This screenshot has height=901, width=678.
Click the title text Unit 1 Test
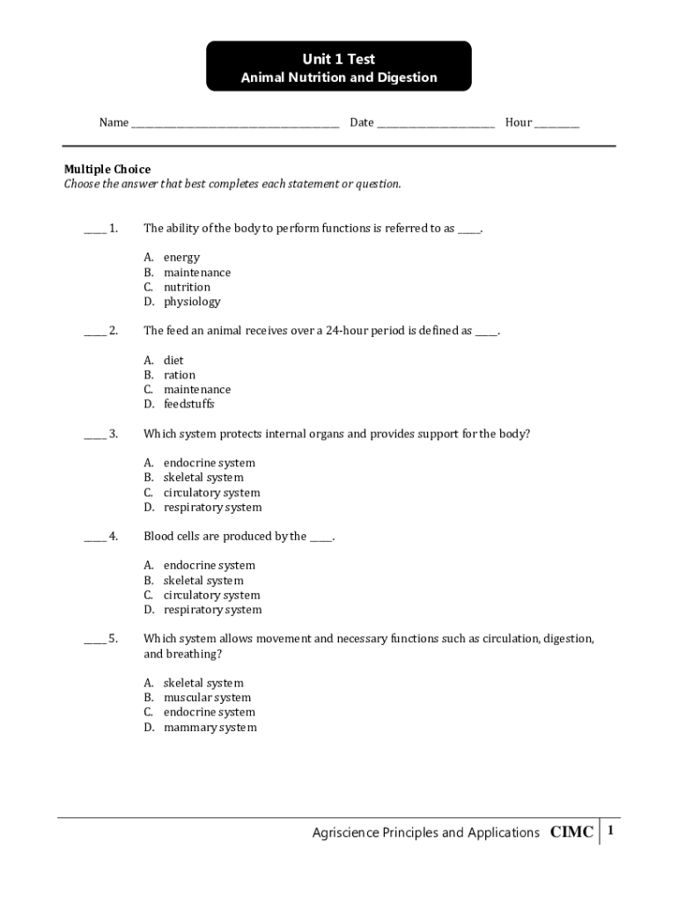[x=339, y=59]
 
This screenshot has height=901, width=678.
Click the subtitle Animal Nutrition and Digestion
[x=339, y=78]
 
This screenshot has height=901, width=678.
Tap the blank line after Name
[x=235, y=124]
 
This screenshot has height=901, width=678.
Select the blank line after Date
[x=436, y=124]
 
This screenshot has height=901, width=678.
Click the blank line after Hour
[x=556, y=124]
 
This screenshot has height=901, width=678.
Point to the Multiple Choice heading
[x=107, y=169]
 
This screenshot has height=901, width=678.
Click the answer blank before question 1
[x=94, y=230]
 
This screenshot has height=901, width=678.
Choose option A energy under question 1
[x=181, y=258]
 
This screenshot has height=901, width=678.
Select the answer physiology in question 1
[x=191, y=302]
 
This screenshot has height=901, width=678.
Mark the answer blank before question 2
[x=94, y=333]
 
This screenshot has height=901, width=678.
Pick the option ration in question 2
[x=180, y=375]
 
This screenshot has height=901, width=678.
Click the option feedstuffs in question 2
[x=188, y=405]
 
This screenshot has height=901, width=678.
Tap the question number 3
[x=114, y=434]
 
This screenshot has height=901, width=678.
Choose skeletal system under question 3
[x=203, y=478]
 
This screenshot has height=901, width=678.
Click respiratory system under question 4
[x=211, y=610]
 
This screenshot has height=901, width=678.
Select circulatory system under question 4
[x=211, y=596]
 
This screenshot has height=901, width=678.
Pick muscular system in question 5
[x=207, y=698]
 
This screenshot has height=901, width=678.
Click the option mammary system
[x=210, y=728]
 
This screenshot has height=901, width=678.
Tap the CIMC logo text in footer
[x=571, y=832]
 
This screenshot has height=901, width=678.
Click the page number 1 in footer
[x=609, y=831]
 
